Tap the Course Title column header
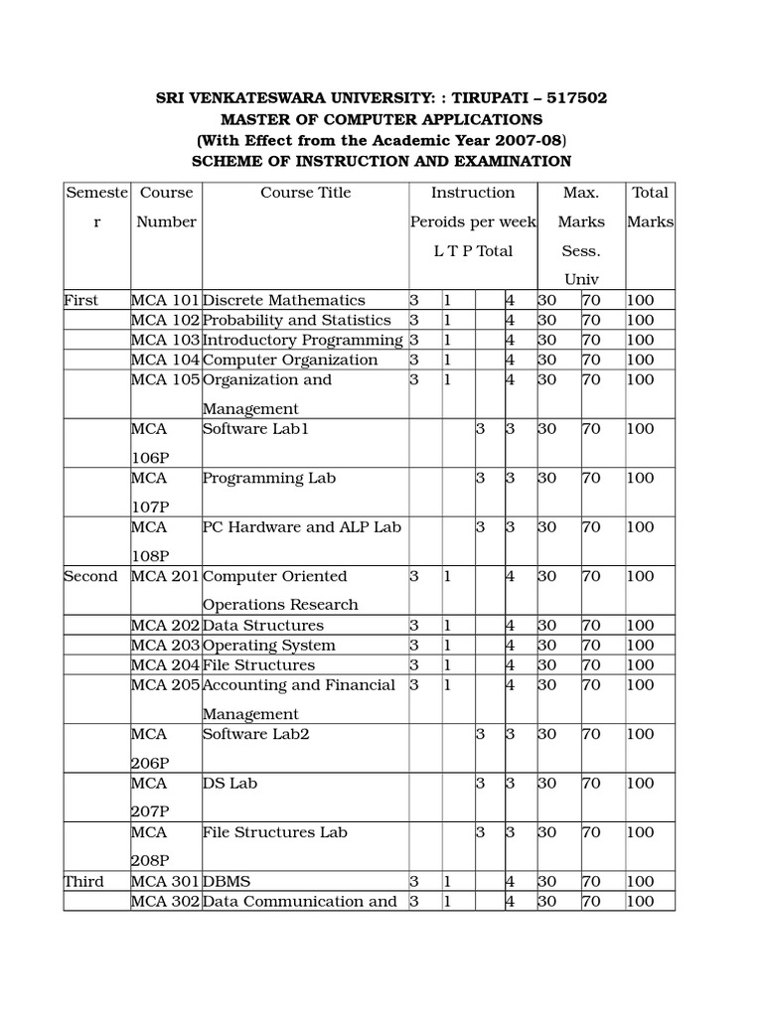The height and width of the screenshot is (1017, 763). pos(305,193)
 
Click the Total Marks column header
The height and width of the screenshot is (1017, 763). pos(650,207)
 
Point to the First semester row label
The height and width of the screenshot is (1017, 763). pos(81,300)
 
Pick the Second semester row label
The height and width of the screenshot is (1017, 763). pos(90,576)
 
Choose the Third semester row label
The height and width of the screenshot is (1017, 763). pos(83,881)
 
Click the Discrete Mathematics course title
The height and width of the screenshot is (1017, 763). pos(283,300)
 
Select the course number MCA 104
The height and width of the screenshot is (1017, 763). pos(165,360)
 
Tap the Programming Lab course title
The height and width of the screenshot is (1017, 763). pos(268,478)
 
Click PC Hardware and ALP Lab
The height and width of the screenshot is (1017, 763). pos(301,526)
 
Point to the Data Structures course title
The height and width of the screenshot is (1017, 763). pos(262,626)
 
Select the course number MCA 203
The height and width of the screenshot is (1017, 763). pos(165,646)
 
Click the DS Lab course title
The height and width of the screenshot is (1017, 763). pos(229,783)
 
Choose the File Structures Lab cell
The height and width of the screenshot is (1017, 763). pos(274,832)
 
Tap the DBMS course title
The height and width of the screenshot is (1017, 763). pos(228,881)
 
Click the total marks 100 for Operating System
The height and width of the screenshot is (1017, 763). pos(640,646)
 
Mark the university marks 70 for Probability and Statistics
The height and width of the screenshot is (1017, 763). pos(590,320)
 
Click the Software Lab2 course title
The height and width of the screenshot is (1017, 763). pos(255,734)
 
